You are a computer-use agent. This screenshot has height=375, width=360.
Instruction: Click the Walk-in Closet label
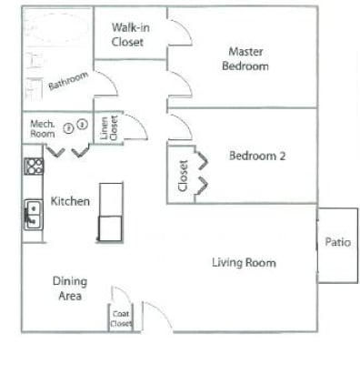click(129, 35)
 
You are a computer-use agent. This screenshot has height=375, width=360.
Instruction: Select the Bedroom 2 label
click(257, 156)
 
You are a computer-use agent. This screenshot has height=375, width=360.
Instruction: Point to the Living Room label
click(244, 263)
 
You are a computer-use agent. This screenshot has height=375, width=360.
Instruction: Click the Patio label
click(337, 243)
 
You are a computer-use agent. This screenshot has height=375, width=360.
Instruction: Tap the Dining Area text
click(70, 289)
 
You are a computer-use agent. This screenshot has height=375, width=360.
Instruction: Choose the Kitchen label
click(70, 201)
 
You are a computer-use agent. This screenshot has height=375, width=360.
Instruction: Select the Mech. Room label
click(43, 128)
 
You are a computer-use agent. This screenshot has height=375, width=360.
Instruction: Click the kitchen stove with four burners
click(34, 166)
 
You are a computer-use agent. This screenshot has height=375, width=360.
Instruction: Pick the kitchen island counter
click(110, 211)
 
